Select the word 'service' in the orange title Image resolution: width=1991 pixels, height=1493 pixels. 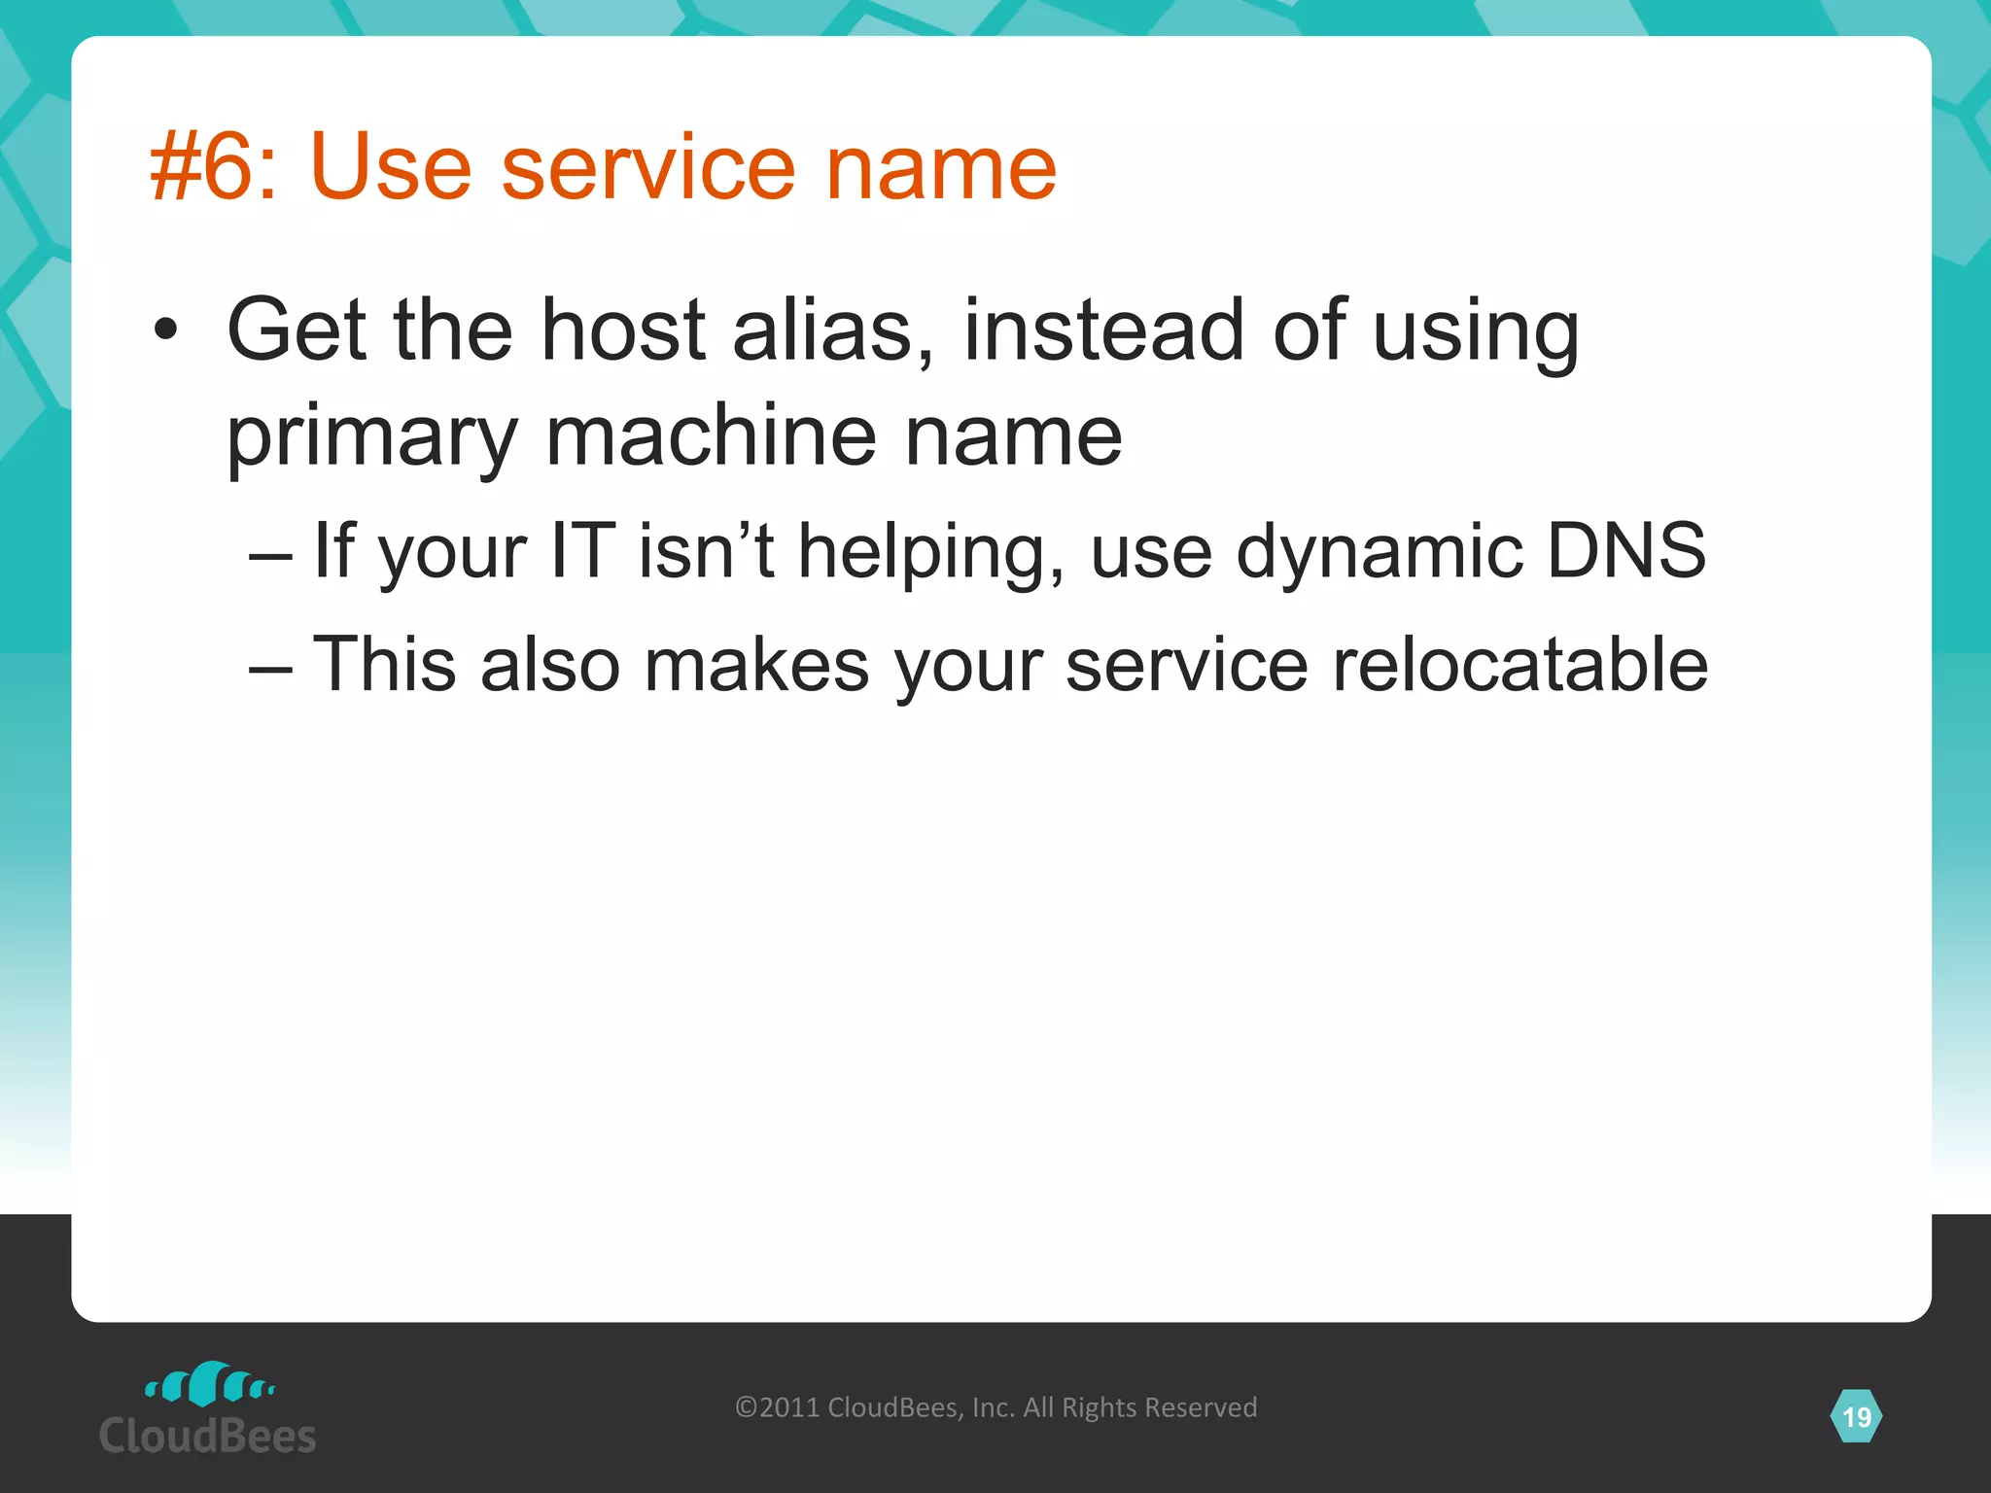(x=647, y=167)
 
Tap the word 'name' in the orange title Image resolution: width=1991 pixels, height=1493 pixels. (x=940, y=167)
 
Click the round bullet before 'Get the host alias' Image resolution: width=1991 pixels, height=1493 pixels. (x=166, y=330)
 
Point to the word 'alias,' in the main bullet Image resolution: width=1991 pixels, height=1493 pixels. (x=833, y=330)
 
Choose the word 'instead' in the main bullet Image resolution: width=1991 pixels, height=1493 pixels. (x=1103, y=330)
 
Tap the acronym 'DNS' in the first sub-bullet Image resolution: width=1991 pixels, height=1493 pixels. (x=1625, y=551)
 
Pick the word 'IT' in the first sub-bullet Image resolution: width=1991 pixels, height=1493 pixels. (x=583, y=551)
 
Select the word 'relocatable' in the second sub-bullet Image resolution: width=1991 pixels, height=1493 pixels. (x=1519, y=665)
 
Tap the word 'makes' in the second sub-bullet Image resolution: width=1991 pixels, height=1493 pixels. (x=756, y=665)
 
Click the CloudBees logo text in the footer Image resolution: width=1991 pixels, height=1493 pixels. (x=207, y=1437)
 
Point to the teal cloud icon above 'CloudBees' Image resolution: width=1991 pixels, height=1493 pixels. (x=209, y=1384)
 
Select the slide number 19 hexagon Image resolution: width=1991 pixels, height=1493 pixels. (x=1856, y=1416)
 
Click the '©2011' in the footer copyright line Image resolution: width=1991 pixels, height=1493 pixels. (x=778, y=1407)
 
